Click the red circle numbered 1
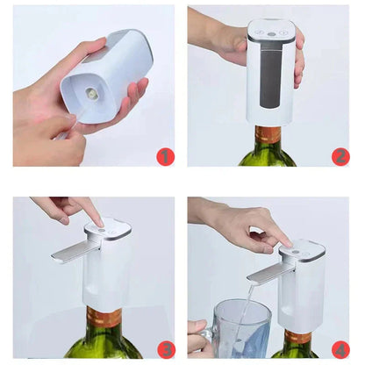pyautogui.click(x=165, y=156)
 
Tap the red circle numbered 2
pyautogui.click(x=340, y=156)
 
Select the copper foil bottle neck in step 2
pyautogui.click(x=268, y=134)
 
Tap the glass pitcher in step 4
pyautogui.click(x=241, y=329)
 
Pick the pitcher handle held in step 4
pyautogui.click(x=204, y=336)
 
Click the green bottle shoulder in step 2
pyautogui.click(x=268, y=155)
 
